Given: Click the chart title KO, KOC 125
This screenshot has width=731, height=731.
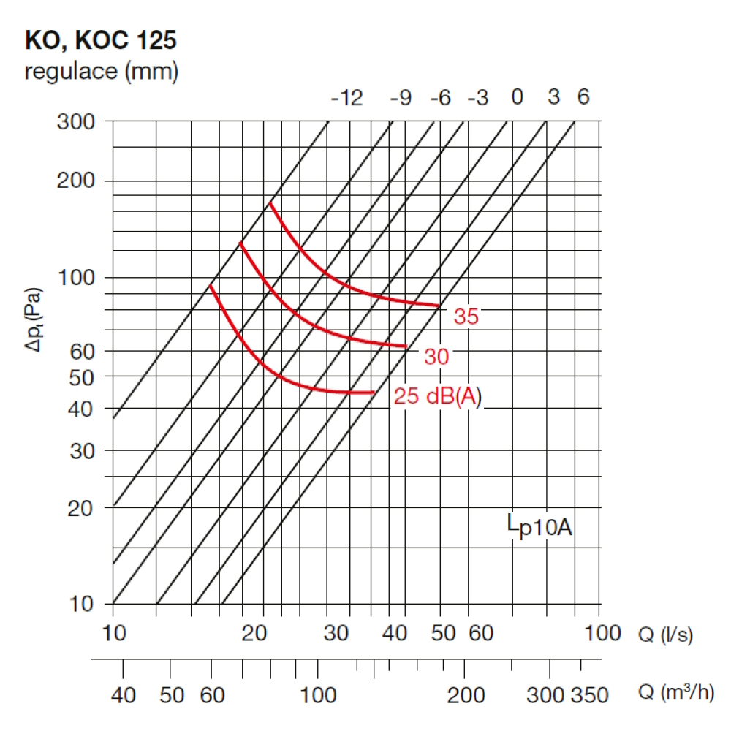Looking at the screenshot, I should pos(101,40).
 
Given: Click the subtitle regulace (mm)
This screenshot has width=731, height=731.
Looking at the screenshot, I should pos(101,72).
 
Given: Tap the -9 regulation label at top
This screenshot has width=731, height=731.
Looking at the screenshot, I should pos(401,98).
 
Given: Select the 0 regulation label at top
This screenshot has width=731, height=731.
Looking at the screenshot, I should pos(517,97).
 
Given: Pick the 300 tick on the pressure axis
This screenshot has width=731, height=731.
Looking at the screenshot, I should pos(76,121).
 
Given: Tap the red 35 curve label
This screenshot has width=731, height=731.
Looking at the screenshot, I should pos(466,317).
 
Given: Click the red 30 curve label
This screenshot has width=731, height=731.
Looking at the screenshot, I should pos(436,357).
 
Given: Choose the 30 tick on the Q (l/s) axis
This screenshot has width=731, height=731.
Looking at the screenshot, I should pos(336,633).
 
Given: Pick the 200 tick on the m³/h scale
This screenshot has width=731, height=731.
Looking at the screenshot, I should pos(466,694).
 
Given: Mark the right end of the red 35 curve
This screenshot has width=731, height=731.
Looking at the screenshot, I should pos(439,306).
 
